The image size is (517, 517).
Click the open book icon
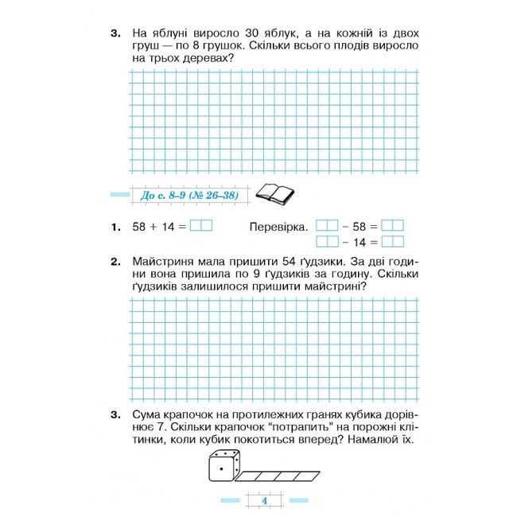click(274, 193)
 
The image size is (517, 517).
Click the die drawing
click(224, 467)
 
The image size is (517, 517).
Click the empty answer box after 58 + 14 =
click(201, 226)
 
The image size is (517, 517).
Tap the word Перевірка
click(278, 227)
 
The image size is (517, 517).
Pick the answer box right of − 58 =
click(393, 226)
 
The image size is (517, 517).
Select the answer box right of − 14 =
click(393, 242)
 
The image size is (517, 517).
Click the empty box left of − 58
click(327, 226)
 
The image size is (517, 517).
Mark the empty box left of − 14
click(327, 242)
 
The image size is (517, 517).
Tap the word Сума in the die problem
click(148, 414)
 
